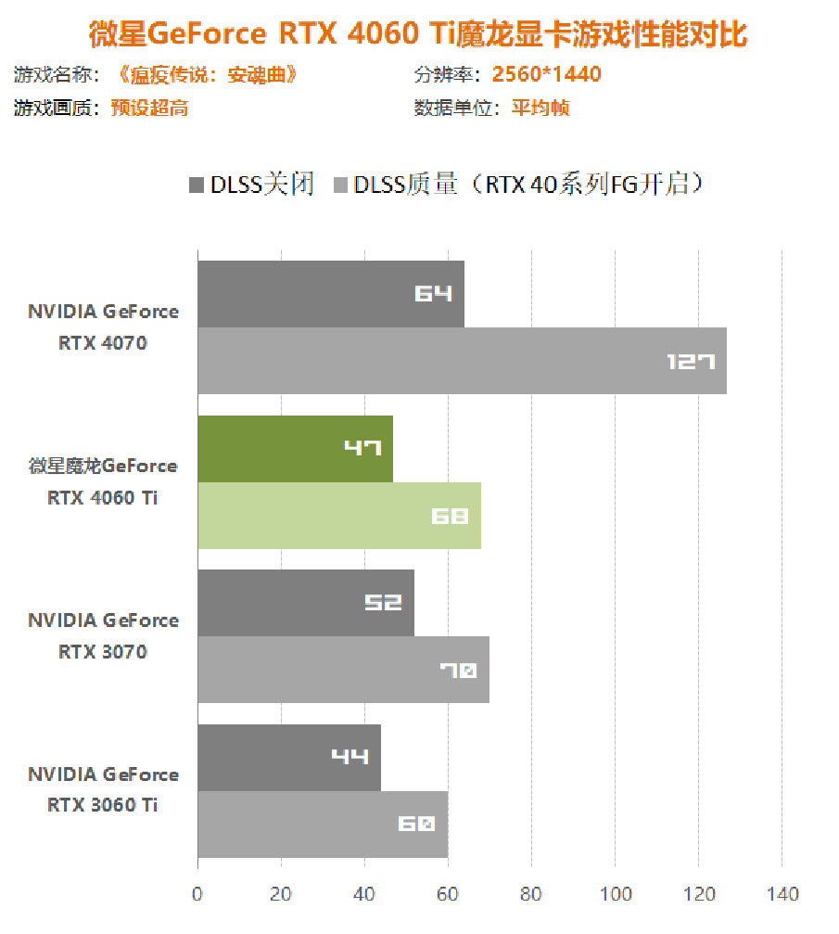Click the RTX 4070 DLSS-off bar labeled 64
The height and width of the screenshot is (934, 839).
tap(330, 294)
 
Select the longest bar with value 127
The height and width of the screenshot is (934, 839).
tap(462, 361)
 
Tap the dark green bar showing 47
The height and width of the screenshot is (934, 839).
tap(295, 449)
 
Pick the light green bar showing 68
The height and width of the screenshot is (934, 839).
tap(338, 516)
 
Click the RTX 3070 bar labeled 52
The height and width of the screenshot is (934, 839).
tap(305, 603)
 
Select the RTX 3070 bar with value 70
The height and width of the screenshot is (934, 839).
tap(343, 670)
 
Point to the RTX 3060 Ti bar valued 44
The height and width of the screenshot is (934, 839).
tap(288, 758)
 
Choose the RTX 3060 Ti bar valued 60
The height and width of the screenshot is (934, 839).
tap(322, 825)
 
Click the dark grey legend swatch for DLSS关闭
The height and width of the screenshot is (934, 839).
tap(196, 185)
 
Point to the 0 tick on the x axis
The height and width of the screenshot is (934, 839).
tap(197, 894)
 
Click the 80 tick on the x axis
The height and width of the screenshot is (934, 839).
tap(531, 894)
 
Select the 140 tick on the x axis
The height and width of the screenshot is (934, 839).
tap(782, 894)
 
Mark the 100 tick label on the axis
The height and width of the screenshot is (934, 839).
tap(616, 894)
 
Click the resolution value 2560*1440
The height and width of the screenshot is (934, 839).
tap(547, 74)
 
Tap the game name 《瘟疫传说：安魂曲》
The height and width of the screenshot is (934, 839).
tap(209, 74)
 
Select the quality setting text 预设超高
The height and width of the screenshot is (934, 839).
tap(149, 108)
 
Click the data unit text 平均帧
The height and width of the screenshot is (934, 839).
tap(540, 108)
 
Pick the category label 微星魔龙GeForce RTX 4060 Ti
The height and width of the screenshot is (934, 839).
tap(102, 482)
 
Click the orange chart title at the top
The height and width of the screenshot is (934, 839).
tap(419, 34)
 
